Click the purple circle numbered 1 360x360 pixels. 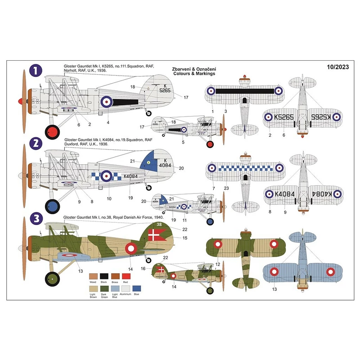click(x=36, y=71)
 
